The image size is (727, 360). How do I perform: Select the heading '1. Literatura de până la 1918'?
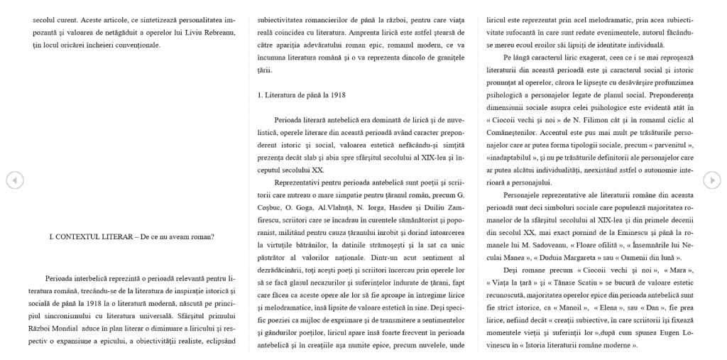point(302,94)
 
